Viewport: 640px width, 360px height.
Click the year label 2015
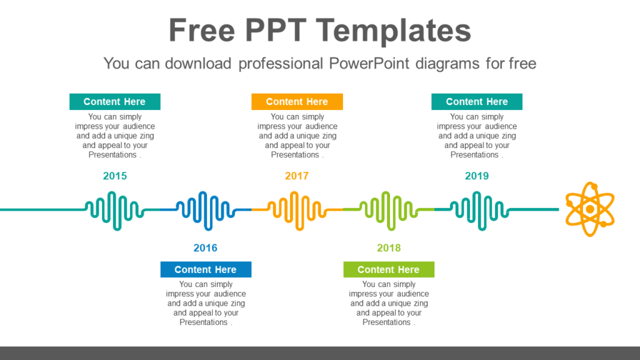tap(115, 176)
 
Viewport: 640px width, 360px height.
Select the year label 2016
tap(206, 248)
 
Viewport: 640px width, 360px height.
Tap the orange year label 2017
tap(297, 176)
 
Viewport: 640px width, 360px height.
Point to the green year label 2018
tap(389, 248)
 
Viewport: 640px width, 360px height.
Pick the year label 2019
tap(477, 176)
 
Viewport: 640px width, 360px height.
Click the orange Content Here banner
tap(297, 102)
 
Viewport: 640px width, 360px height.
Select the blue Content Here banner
tap(206, 269)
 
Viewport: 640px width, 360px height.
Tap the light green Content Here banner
tap(389, 269)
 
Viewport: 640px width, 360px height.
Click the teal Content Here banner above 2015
tap(114, 102)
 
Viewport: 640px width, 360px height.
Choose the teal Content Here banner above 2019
tap(477, 102)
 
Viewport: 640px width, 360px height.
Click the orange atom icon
tap(589, 209)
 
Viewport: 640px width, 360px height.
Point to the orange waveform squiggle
tap(296, 209)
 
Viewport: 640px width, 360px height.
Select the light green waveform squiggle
tap(388, 209)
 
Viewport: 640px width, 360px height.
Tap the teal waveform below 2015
tap(114, 209)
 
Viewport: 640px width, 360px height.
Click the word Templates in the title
tap(392, 31)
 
